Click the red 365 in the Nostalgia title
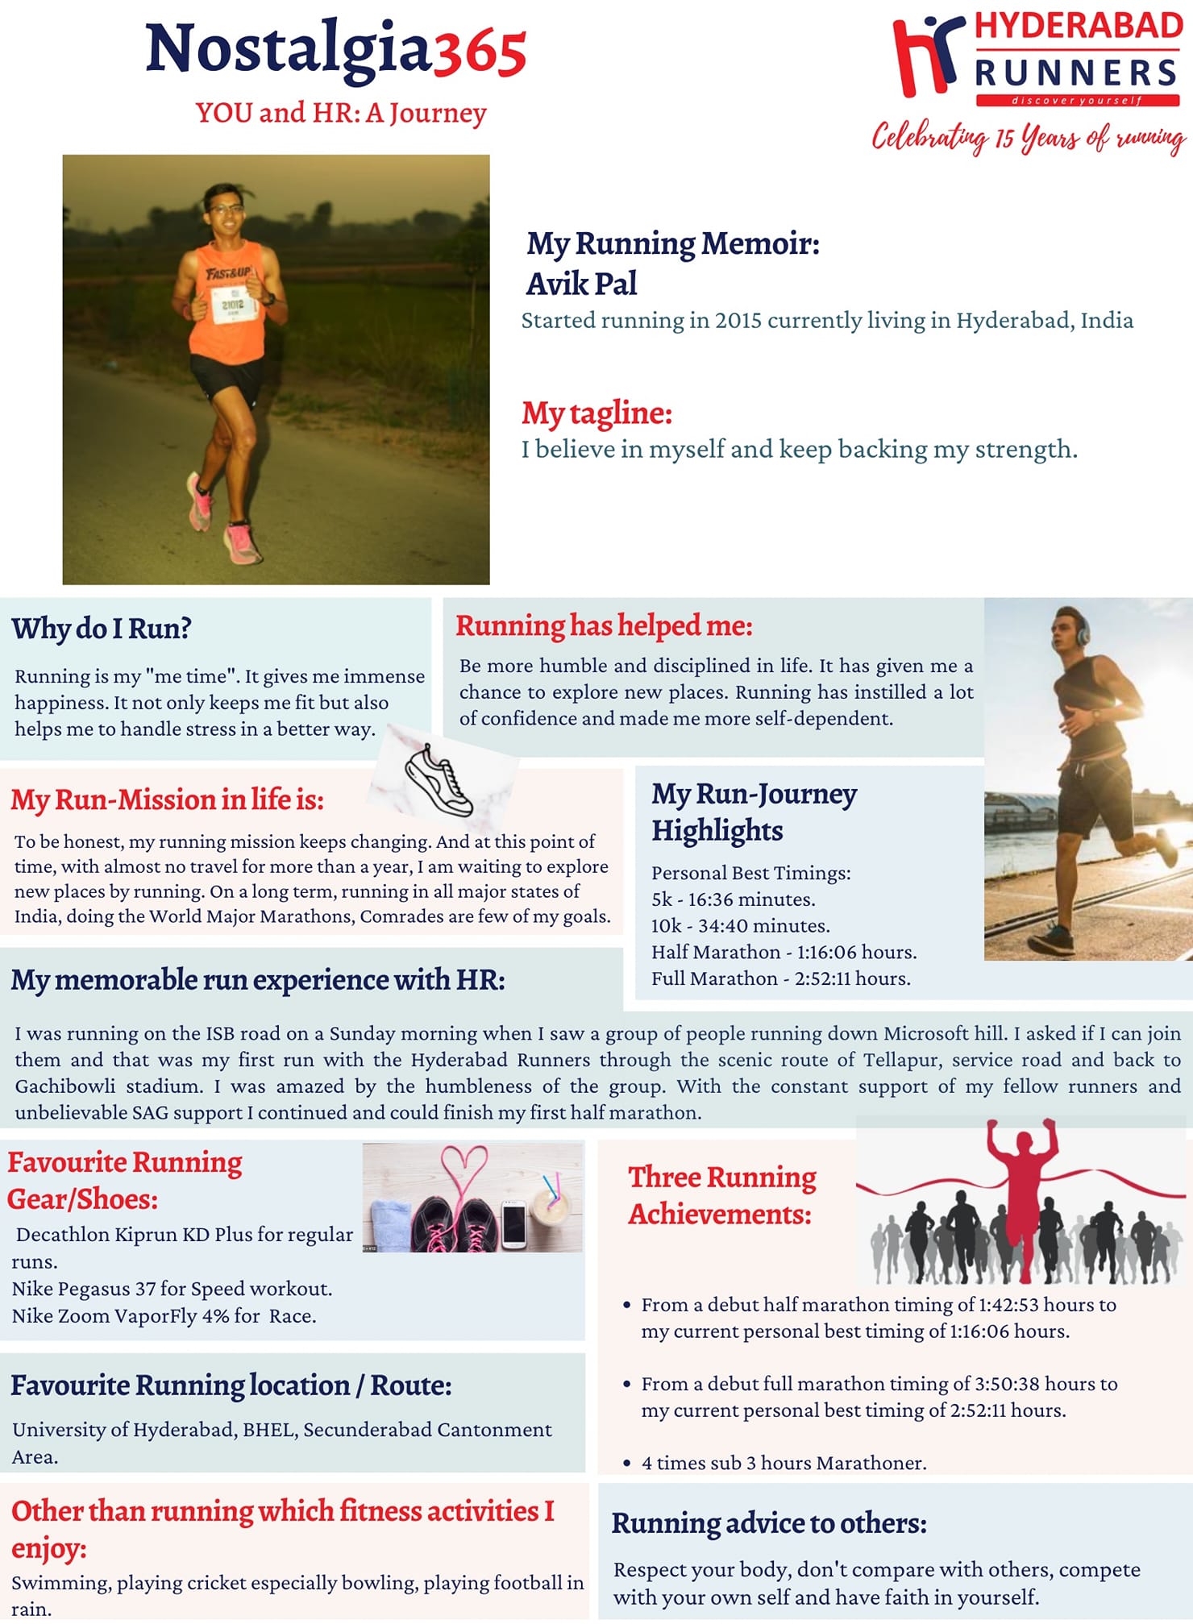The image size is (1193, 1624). click(x=480, y=52)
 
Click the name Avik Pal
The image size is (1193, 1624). click(x=581, y=284)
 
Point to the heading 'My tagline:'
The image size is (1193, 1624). click(x=596, y=413)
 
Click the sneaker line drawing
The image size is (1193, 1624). click(x=438, y=779)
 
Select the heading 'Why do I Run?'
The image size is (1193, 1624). click(x=102, y=629)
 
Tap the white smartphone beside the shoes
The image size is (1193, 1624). click(x=513, y=1224)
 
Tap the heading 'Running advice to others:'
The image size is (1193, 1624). click(x=769, y=1523)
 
